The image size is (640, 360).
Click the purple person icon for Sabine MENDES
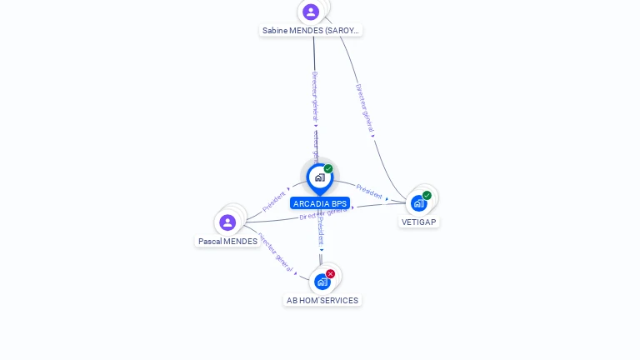point(311,12)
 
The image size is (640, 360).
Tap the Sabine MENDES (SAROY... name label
point(311,30)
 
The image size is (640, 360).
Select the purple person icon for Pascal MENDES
point(227,222)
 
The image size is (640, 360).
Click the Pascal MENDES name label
point(227,242)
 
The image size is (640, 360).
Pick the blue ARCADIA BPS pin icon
point(319,177)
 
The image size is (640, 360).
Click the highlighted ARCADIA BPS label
point(320,203)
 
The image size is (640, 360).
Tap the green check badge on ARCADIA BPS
point(328,169)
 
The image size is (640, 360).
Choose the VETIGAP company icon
point(418,202)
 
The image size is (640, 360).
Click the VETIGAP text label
point(418,222)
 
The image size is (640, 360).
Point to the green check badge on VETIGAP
point(427,195)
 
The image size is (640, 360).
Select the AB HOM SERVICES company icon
point(322,282)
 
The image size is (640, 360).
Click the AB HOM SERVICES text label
point(322,300)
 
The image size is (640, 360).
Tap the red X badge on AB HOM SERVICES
point(330,273)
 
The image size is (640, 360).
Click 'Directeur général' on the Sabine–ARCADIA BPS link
point(315,97)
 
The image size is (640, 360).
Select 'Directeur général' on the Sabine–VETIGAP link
point(364,107)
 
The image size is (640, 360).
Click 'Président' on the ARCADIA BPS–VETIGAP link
point(369,191)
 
